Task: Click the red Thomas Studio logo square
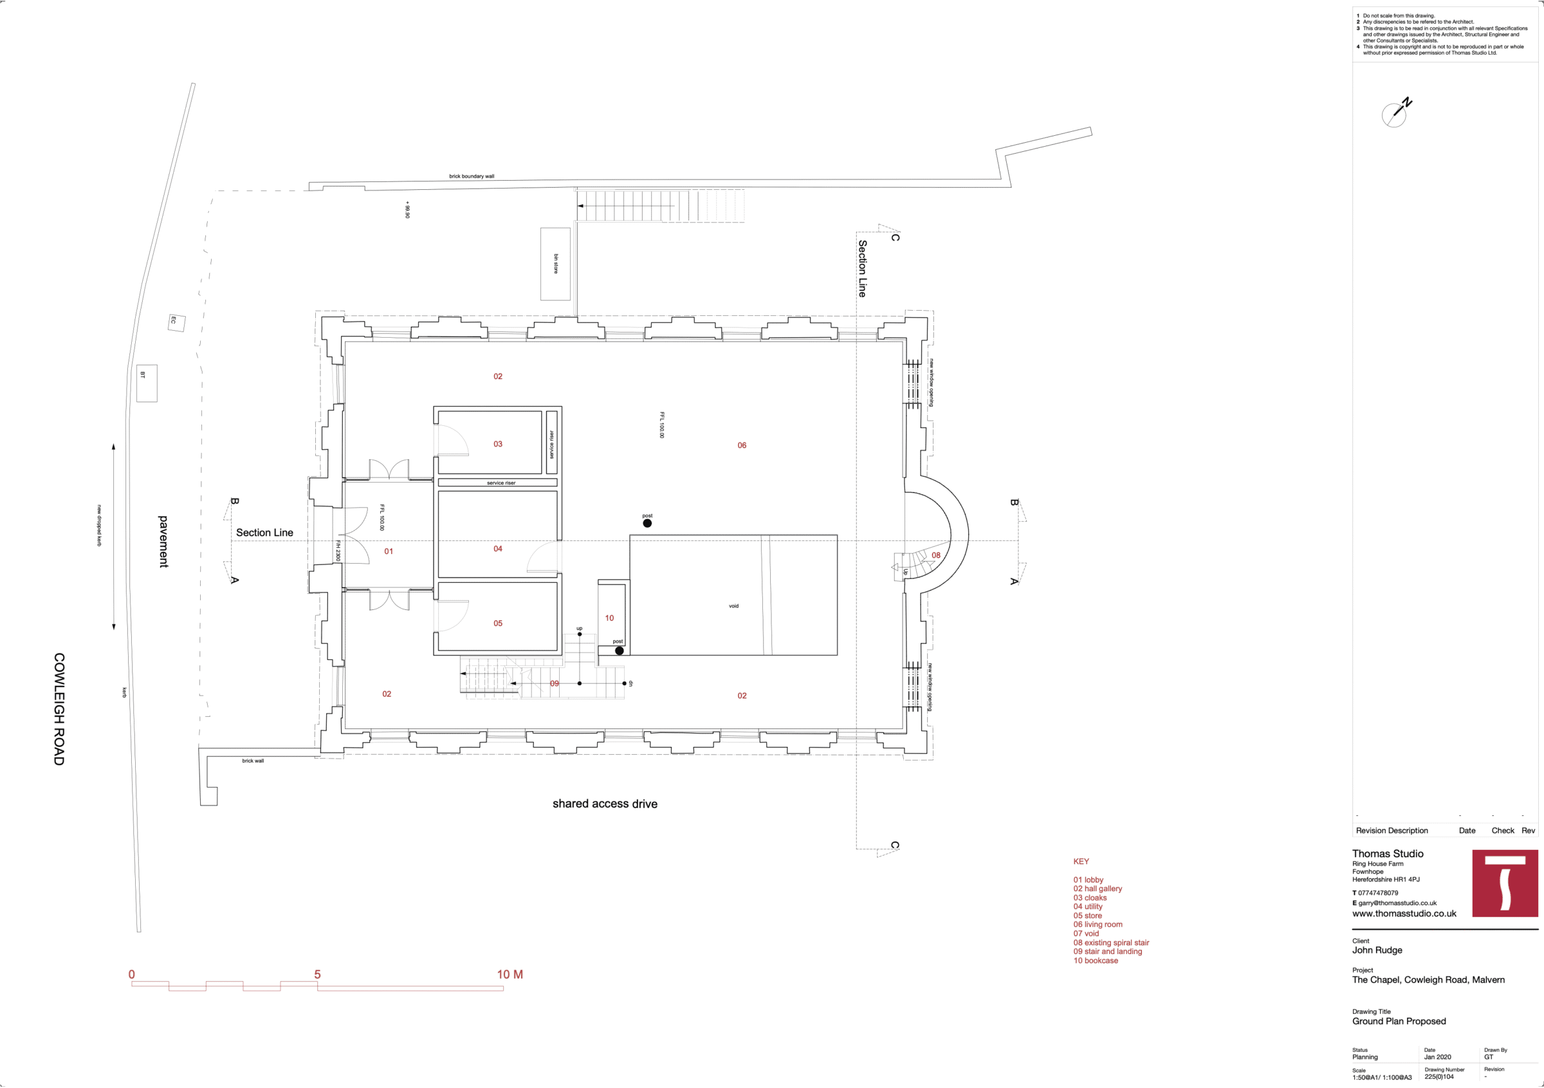[1505, 883]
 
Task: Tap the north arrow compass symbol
[1397, 113]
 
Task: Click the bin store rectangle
[555, 264]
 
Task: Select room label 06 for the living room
[742, 445]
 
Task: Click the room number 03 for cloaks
[498, 444]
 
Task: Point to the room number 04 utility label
[498, 549]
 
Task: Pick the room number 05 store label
[498, 623]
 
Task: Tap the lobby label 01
[389, 551]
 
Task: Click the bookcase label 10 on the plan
[609, 618]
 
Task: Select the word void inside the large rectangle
[733, 606]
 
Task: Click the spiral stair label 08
[936, 555]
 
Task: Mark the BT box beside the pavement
[147, 383]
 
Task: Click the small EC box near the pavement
[176, 322]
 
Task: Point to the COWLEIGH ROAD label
[59, 709]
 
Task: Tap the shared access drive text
[605, 804]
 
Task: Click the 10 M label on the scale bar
[510, 974]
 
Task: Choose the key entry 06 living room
[1098, 925]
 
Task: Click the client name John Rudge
[1377, 950]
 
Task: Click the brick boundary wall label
[472, 176]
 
